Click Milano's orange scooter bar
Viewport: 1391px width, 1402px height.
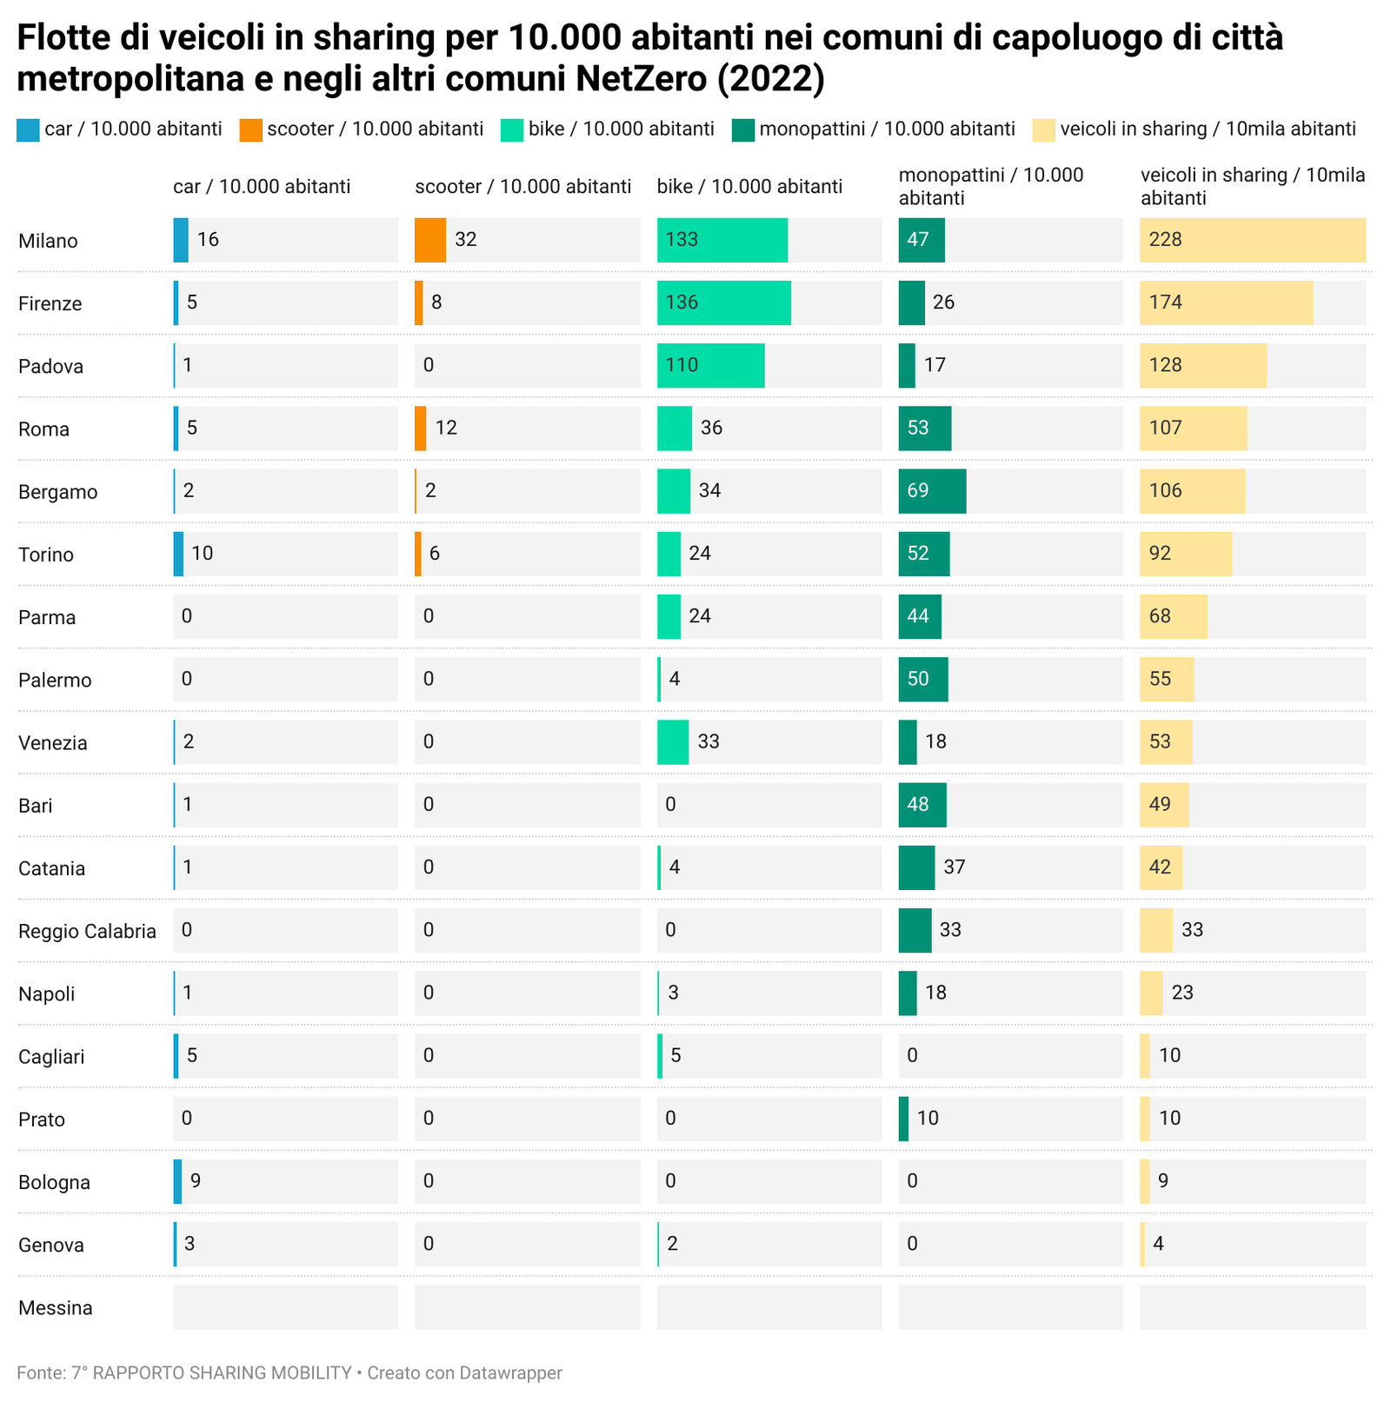click(430, 240)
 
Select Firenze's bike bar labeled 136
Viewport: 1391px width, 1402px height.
click(723, 302)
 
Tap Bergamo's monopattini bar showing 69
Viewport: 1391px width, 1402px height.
click(932, 491)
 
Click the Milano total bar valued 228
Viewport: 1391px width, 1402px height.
click(1252, 240)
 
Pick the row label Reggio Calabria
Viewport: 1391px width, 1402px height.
click(87, 932)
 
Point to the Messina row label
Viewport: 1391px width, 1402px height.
click(55, 1308)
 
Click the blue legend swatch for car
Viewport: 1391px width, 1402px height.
click(28, 130)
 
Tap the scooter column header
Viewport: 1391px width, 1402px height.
click(522, 187)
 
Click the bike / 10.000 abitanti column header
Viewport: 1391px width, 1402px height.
click(749, 187)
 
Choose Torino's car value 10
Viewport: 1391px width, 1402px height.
click(203, 554)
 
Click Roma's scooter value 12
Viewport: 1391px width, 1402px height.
click(446, 428)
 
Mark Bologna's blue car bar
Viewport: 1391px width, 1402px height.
click(177, 1181)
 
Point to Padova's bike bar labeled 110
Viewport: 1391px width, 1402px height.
click(710, 365)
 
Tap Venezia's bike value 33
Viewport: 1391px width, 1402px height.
click(709, 741)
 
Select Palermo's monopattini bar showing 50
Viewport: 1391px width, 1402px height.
click(922, 679)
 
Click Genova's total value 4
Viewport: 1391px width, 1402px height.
click(1158, 1244)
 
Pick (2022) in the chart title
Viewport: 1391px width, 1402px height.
click(770, 78)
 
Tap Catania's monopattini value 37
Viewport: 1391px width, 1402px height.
click(955, 867)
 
